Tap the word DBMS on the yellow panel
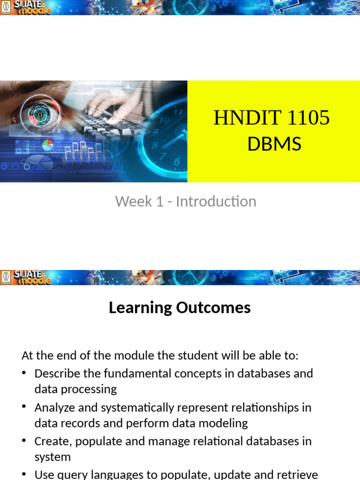[x=274, y=144]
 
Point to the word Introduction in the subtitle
[x=216, y=202]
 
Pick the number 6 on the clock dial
[x=177, y=162]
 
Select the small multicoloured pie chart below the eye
[x=47, y=145]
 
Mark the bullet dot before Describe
[x=24, y=374]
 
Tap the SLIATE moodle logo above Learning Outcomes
[x=27, y=277]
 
